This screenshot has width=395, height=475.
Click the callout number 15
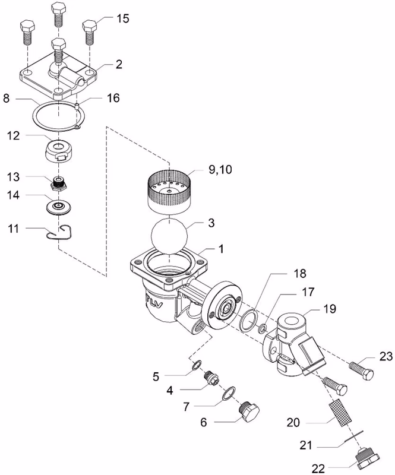[x=123, y=18]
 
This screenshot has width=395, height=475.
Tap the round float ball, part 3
[x=169, y=233]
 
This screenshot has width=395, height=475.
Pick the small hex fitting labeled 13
[x=58, y=184]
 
